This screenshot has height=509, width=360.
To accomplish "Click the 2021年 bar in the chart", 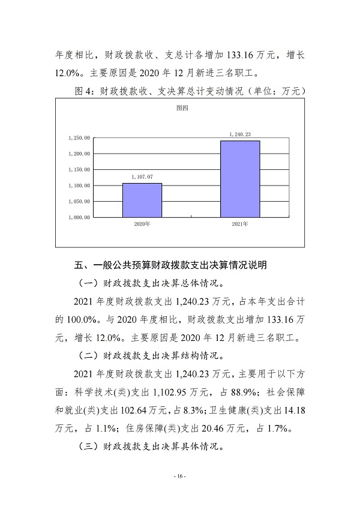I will (240, 178).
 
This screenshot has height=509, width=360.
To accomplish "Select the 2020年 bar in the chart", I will (142, 200).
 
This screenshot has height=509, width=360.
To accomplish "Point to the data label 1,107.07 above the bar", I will (142, 177).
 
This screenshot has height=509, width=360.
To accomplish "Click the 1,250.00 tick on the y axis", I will (79, 138).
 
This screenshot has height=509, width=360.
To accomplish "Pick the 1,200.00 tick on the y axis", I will (79, 154).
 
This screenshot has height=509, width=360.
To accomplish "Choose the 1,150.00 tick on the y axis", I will (79, 170).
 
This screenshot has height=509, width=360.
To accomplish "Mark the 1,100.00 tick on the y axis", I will (79, 185).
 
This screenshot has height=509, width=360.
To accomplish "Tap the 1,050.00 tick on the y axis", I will (79, 202).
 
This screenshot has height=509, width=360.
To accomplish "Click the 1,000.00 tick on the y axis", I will (79, 217).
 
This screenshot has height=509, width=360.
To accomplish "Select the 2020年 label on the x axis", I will (142, 223).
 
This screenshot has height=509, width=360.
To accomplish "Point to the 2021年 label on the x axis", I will (240, 223).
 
